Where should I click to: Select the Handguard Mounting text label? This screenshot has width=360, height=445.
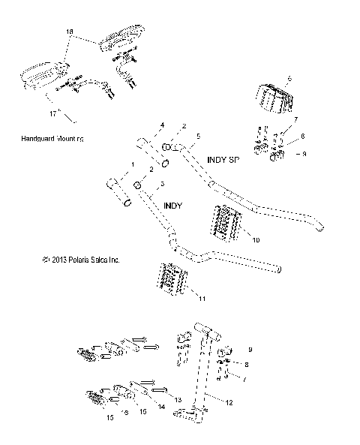(x=55, y=139)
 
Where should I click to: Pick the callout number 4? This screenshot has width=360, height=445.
(x=160, y=125)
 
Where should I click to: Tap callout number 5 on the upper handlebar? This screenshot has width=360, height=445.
(x=197, y=137)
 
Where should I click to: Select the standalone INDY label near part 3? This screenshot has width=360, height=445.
(x=172, y=203)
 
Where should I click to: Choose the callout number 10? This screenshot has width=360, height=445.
(x=255, y=240)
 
